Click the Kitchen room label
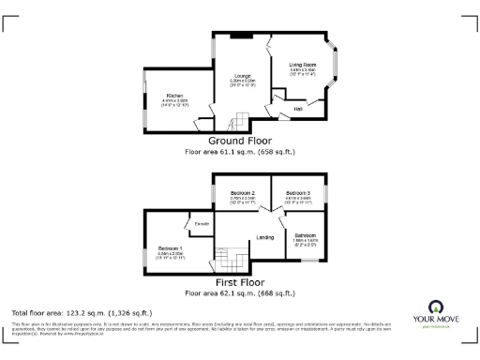point(174,96)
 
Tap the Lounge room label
point(243,76)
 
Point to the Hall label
point(298,109)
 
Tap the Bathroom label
point(306,235)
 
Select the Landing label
point(265,238)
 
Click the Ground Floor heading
point(240,141)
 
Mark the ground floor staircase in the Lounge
point(242,120)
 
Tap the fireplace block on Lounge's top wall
point(241,36)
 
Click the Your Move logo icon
point(436,307)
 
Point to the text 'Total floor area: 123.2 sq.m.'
point(81,312)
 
